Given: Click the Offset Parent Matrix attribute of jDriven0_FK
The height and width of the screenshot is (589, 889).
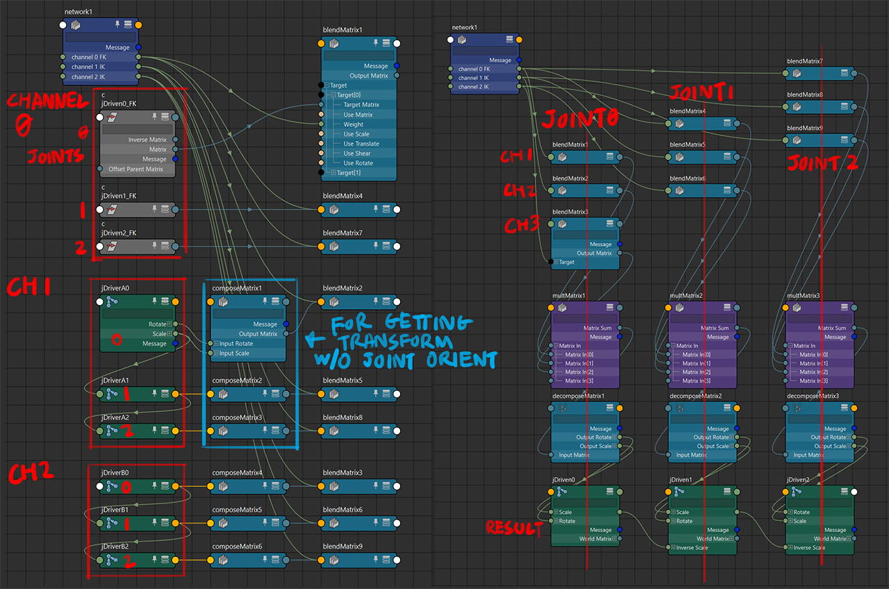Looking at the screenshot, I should [136, 169].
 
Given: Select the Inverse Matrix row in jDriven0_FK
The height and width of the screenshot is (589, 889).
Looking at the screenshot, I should [147, 140].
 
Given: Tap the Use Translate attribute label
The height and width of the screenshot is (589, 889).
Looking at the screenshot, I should [361, 144].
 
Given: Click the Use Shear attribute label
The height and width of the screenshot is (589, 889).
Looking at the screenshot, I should [357, 154].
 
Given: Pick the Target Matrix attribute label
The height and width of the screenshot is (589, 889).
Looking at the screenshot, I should [361, 105].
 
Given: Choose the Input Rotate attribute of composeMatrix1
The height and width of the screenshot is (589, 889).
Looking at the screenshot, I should [236, 344].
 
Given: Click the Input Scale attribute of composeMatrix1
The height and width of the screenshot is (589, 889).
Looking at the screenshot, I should [235, 354].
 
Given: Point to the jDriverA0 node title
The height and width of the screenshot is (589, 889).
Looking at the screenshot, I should [115, 288].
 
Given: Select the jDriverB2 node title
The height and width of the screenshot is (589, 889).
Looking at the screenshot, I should [115, 547].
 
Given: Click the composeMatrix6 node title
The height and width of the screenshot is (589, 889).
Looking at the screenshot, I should [237, 547].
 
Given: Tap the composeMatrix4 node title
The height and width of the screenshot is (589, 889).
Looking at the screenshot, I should [237, 473].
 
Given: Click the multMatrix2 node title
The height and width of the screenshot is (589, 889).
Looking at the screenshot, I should [686, 296].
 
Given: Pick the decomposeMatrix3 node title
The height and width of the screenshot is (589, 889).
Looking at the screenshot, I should [813, 397].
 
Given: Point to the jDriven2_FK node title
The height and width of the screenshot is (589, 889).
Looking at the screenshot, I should [119, 233].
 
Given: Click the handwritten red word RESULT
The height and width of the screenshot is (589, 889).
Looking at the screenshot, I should [515, 527].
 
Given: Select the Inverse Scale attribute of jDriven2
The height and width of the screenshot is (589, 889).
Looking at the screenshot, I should [809, 547].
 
